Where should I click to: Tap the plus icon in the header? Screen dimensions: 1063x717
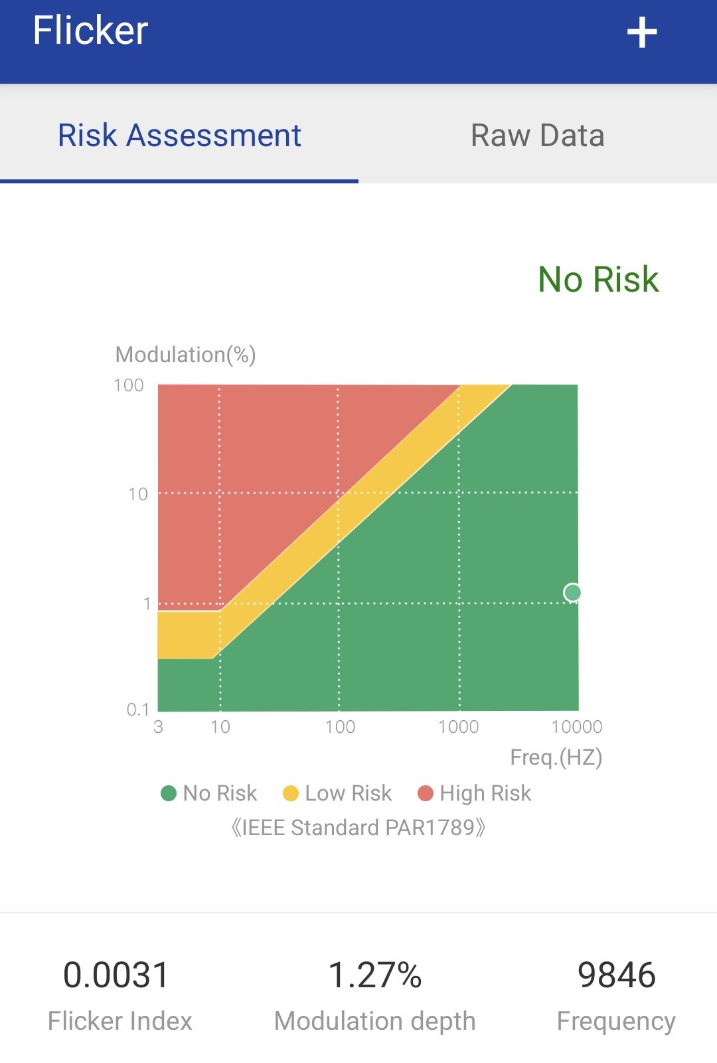[641, 33]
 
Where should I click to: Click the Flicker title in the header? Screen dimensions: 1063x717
[90, 31]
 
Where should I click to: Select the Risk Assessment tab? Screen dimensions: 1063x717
[179, 136]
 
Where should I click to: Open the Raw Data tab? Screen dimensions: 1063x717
[537, 136]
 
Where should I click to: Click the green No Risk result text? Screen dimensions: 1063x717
[597, 279]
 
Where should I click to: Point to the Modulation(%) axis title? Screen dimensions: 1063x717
[185, 355]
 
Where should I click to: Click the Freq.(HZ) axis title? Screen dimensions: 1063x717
[556, 757]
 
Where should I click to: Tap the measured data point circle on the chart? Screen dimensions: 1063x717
[572, 592]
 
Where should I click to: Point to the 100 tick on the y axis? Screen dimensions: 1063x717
[129, 385]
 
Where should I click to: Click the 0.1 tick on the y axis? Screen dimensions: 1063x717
[138, 710]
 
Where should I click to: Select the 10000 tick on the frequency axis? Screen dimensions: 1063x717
[576, 727]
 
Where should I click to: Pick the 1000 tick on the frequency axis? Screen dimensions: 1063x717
[458, 727]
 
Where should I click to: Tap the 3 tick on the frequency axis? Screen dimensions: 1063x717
[158, 727]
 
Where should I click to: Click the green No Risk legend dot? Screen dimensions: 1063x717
[169, 793]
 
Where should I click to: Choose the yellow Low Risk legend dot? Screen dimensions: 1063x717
[291, 793]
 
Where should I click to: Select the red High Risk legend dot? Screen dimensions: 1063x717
[426, 793]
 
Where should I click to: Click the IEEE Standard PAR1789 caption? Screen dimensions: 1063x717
[358, 828]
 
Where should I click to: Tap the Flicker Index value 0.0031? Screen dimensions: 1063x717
[116, 975]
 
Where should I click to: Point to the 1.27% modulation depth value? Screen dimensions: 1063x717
[375, 975]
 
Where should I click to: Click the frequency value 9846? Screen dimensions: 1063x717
[616, 975]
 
